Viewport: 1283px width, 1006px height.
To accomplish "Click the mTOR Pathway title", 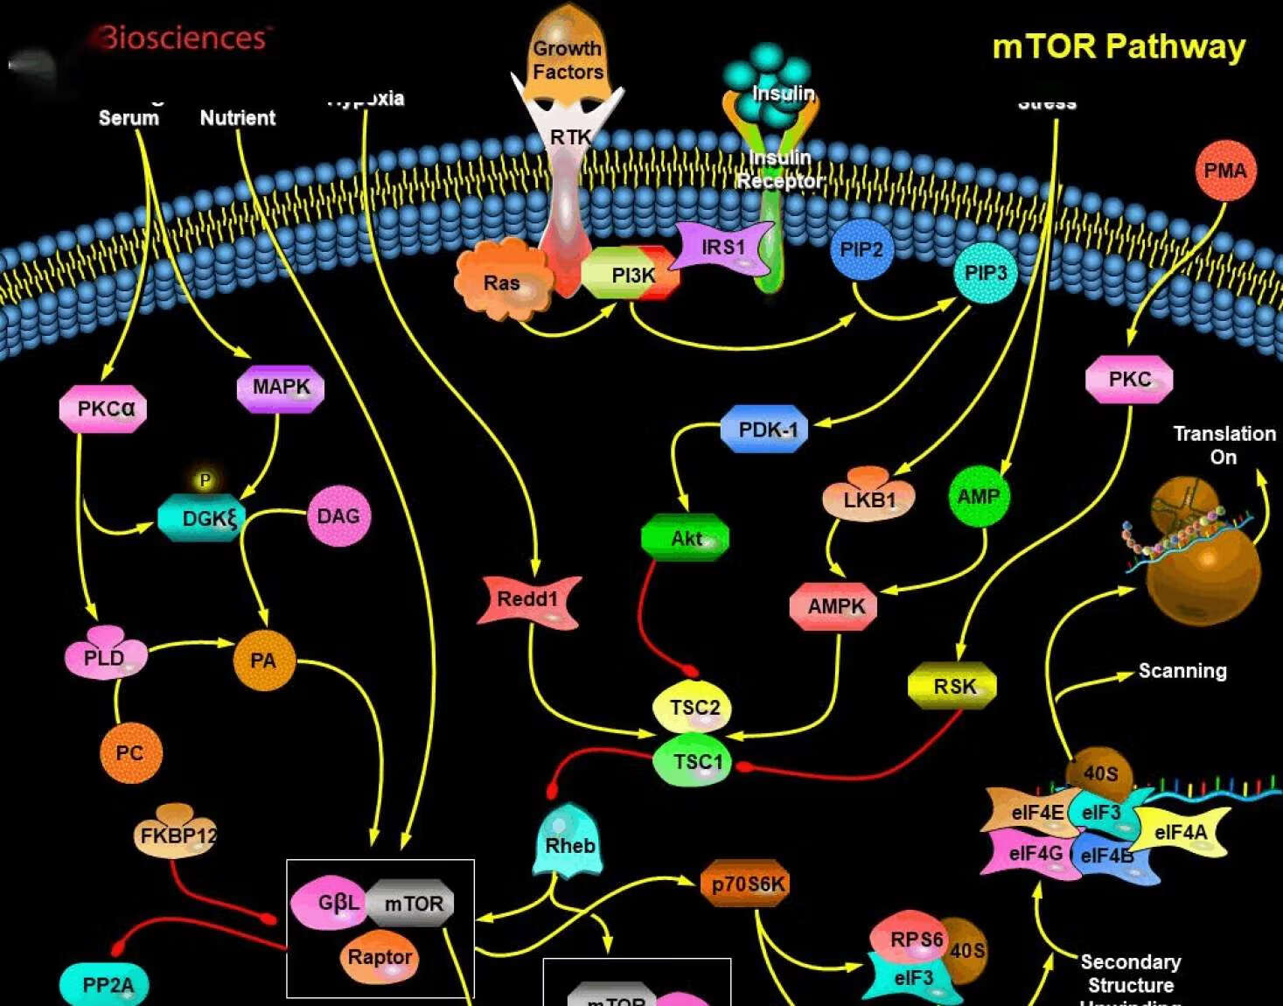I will click(x=1118, y=46).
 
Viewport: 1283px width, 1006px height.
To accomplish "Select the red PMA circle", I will click(x=1224, y=171).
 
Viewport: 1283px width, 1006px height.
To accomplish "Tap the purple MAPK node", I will click(x=281, y=388).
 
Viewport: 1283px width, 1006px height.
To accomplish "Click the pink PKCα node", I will click(x=104, y=409).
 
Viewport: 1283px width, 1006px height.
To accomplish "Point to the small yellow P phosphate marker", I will click(x=205, y=480).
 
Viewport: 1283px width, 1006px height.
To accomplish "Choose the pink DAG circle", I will click(x=338, y=516).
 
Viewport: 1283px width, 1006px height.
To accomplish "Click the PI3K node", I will click(x=631, y=275).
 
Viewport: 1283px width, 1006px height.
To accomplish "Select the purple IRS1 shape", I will click(x=724, y=248).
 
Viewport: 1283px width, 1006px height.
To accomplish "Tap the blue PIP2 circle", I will click(x=861, y=250).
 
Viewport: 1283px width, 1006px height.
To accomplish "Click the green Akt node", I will click(x=686, y=538).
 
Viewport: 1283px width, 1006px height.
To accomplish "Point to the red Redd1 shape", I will click(x=528, y=600).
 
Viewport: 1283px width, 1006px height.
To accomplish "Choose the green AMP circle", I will click(x=978, y=497).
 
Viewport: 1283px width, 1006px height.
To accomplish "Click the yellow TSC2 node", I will click(x=694, y=707).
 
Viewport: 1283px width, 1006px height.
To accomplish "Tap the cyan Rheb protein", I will click(x=569, y=842).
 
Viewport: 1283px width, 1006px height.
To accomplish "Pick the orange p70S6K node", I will click(x=746, y=884).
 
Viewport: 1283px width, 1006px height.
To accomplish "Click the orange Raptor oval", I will click(x=380, y=957).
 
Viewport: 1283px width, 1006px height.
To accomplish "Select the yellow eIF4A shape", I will click(x=1180, y=832).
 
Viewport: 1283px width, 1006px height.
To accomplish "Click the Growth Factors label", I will click(x=568, y=59).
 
